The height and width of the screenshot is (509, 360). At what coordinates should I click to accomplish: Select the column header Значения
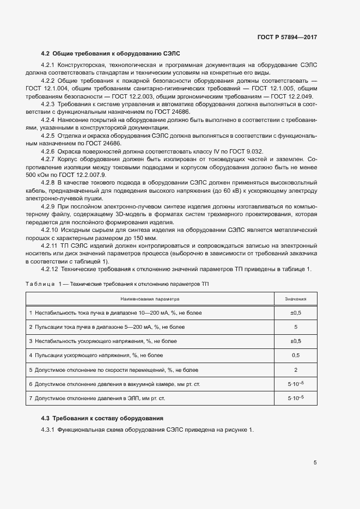click(295, 299)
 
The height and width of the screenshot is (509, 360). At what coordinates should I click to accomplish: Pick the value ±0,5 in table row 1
click(295, 313)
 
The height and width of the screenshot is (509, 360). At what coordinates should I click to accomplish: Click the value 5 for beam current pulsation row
click(295, 327)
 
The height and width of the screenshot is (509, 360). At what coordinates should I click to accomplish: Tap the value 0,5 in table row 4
click(295, 355)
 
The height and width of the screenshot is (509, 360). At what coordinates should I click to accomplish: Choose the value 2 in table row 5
click(295, 370)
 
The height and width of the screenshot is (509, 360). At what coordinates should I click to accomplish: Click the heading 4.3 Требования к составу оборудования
click(102, 418)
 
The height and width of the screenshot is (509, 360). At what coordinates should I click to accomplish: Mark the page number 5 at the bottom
click(315, 463)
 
